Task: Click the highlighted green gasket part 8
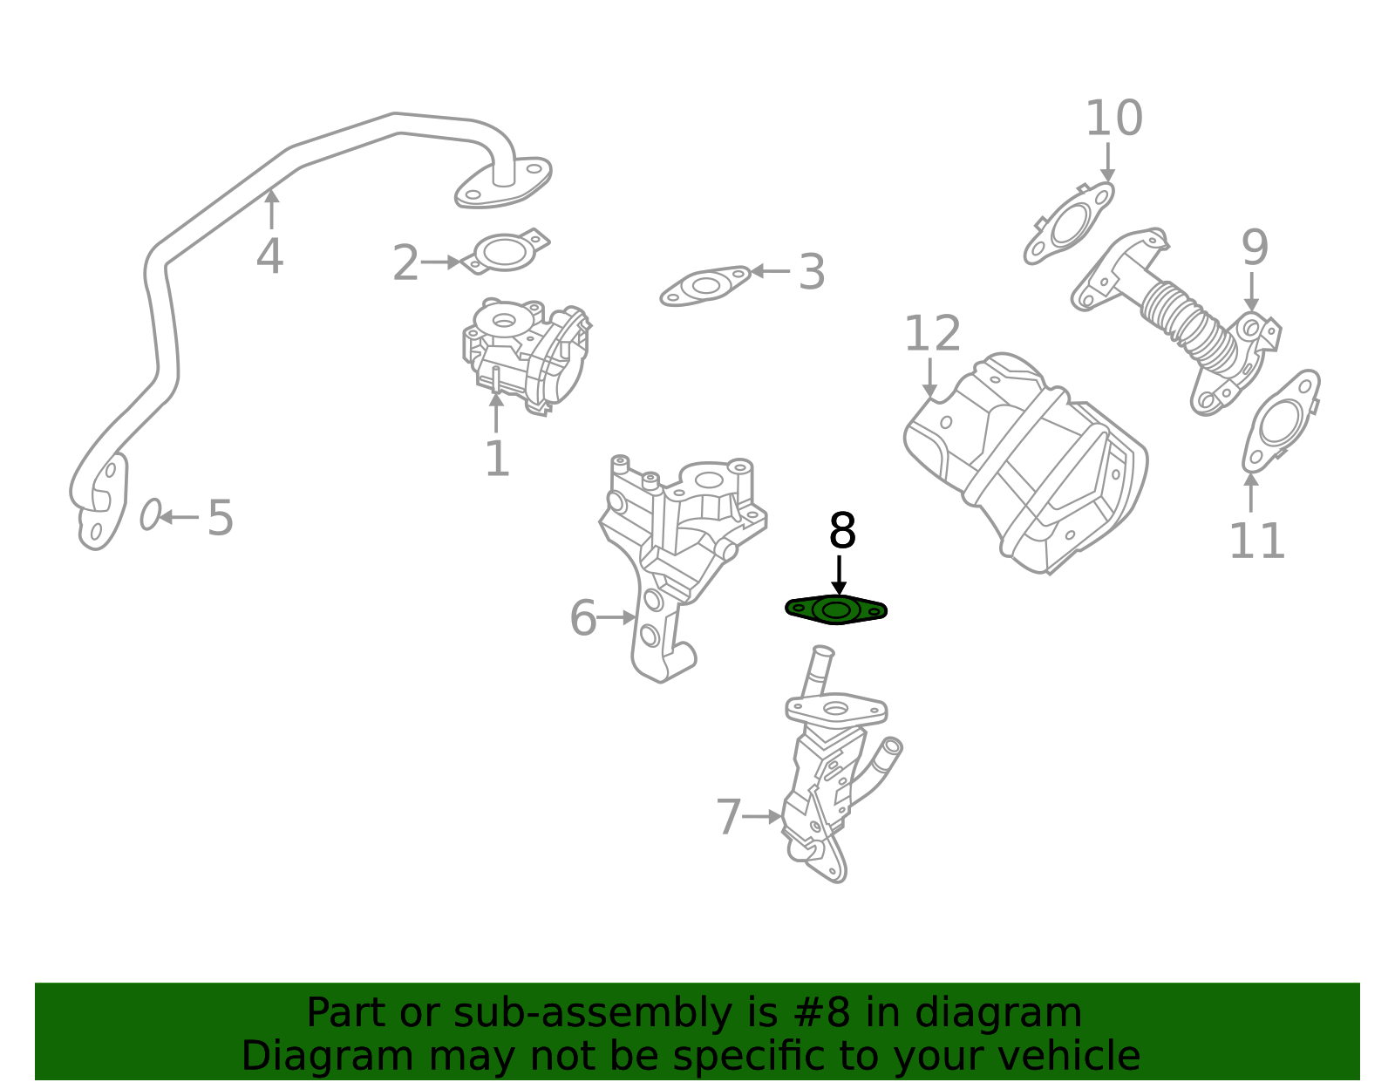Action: (x=835, y=609)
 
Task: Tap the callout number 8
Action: (x=841, y=531)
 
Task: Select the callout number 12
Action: (x=932, y=334)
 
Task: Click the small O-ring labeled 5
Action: (x=150, y=514)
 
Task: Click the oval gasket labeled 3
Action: (x=705, y=285)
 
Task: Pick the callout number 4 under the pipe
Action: (x=269, y=257)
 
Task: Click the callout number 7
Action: (x=728, y=817)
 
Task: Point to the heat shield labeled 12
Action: (x=1029, y=462)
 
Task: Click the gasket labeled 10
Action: (x=1070, y=224)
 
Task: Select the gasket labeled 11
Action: (x=1280, y=422)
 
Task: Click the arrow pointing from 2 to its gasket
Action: (x=441, y=262)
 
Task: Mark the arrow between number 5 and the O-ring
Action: (x=180, y=517)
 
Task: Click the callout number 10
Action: (x=1113, y=119)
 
